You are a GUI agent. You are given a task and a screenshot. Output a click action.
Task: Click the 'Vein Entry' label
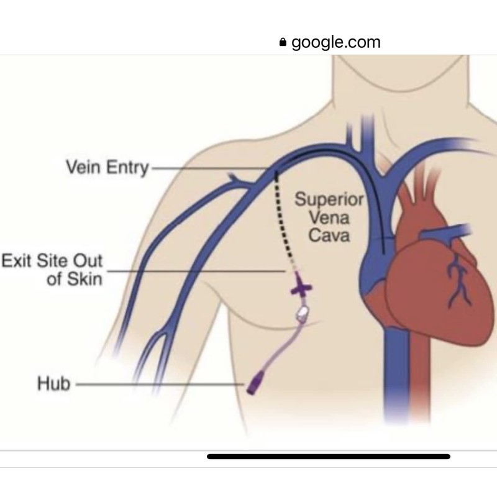107,168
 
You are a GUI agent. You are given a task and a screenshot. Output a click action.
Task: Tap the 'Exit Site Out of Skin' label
52,269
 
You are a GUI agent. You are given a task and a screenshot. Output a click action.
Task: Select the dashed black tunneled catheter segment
283,224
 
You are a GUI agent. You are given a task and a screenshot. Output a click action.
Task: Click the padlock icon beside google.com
283,43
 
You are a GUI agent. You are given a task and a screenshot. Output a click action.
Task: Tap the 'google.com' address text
335,42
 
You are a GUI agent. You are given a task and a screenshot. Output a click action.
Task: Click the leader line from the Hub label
158,385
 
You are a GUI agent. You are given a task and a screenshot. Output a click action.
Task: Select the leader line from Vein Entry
211,168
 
